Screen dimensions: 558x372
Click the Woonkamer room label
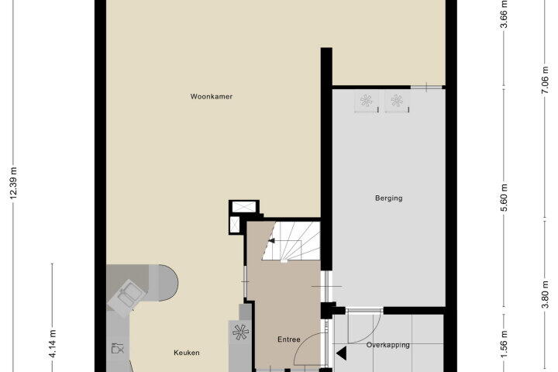212,96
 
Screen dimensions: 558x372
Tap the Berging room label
388,198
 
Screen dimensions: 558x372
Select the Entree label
288,339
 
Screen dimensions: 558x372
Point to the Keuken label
187,353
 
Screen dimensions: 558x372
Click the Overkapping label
388,345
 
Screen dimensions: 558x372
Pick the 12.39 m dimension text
13,183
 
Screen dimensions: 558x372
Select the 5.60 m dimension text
504,198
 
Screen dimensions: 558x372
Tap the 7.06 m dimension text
545,82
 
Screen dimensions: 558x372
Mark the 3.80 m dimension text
545,294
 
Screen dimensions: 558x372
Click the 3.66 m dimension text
504,13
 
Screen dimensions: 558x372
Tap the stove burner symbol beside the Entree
240,332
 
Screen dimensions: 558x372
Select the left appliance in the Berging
366,101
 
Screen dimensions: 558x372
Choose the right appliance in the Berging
397,101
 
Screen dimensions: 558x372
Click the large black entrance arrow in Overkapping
341,353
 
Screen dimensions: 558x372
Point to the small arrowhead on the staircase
271,241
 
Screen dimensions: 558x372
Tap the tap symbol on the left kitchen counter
118,348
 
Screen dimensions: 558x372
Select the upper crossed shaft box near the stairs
244,206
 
